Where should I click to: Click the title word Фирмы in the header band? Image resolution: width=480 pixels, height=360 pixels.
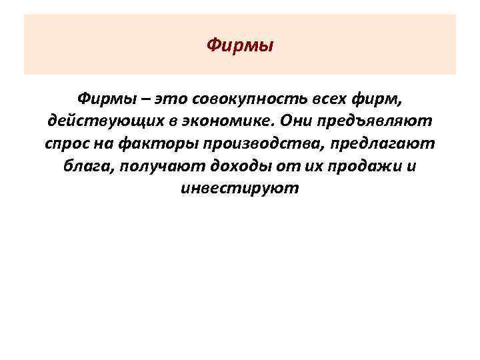(240, 45)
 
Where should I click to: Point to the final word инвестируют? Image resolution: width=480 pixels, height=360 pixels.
(240, 189)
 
